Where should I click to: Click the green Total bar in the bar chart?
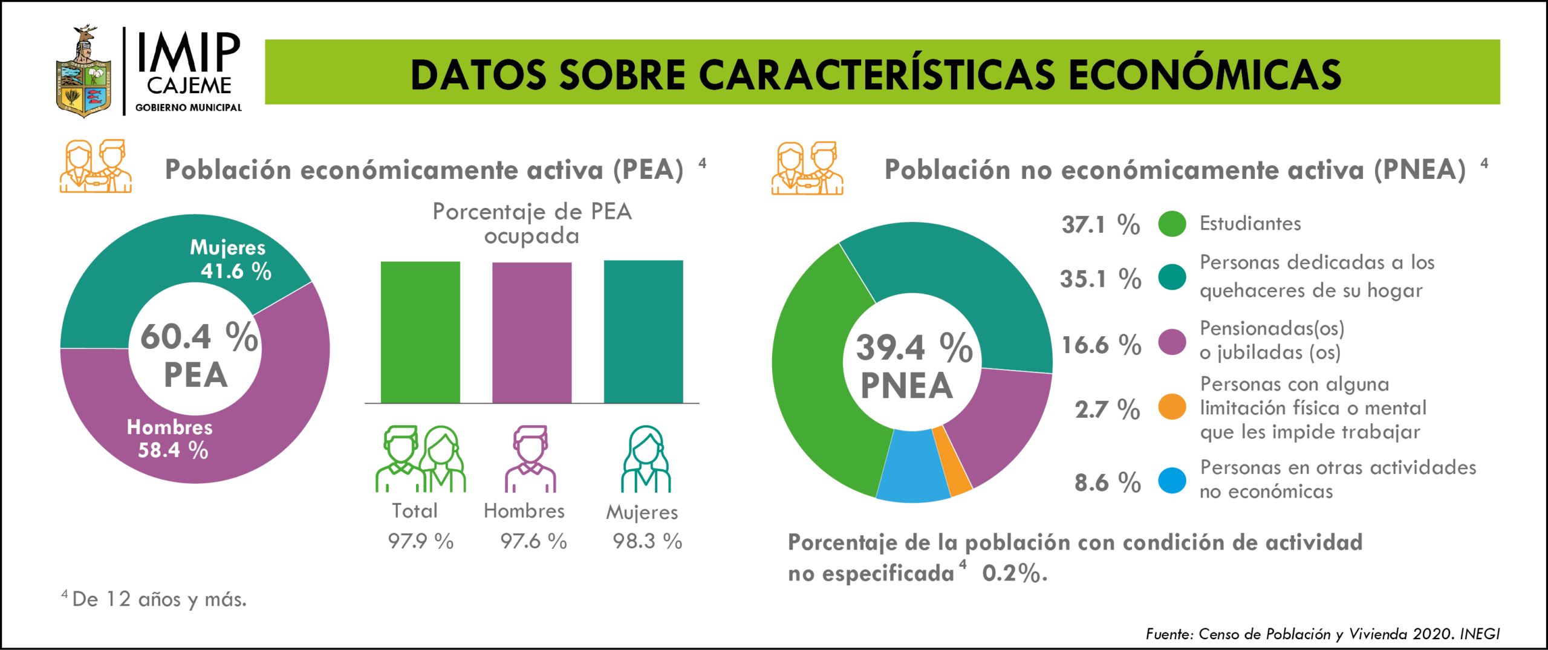(x=420, y=332)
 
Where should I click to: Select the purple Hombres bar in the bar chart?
(x=532, y=332)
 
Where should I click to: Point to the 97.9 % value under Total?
(x=421, y=541)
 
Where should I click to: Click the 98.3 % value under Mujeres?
(x=647, y=541)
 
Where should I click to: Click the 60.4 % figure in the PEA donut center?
(x=199, y=337)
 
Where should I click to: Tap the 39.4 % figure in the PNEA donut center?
(x=914, y=348)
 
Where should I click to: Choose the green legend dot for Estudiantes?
(x=1172, y=224)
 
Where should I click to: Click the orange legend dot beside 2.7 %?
(x=1172, y=407)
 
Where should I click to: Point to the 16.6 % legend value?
(x=1101, y=345)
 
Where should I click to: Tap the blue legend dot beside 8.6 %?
(x=1172, y=481)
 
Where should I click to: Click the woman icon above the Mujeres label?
(x=646, y=459)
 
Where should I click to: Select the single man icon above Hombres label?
(x=530, y=459)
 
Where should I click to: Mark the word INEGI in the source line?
(x=1480, y=634)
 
